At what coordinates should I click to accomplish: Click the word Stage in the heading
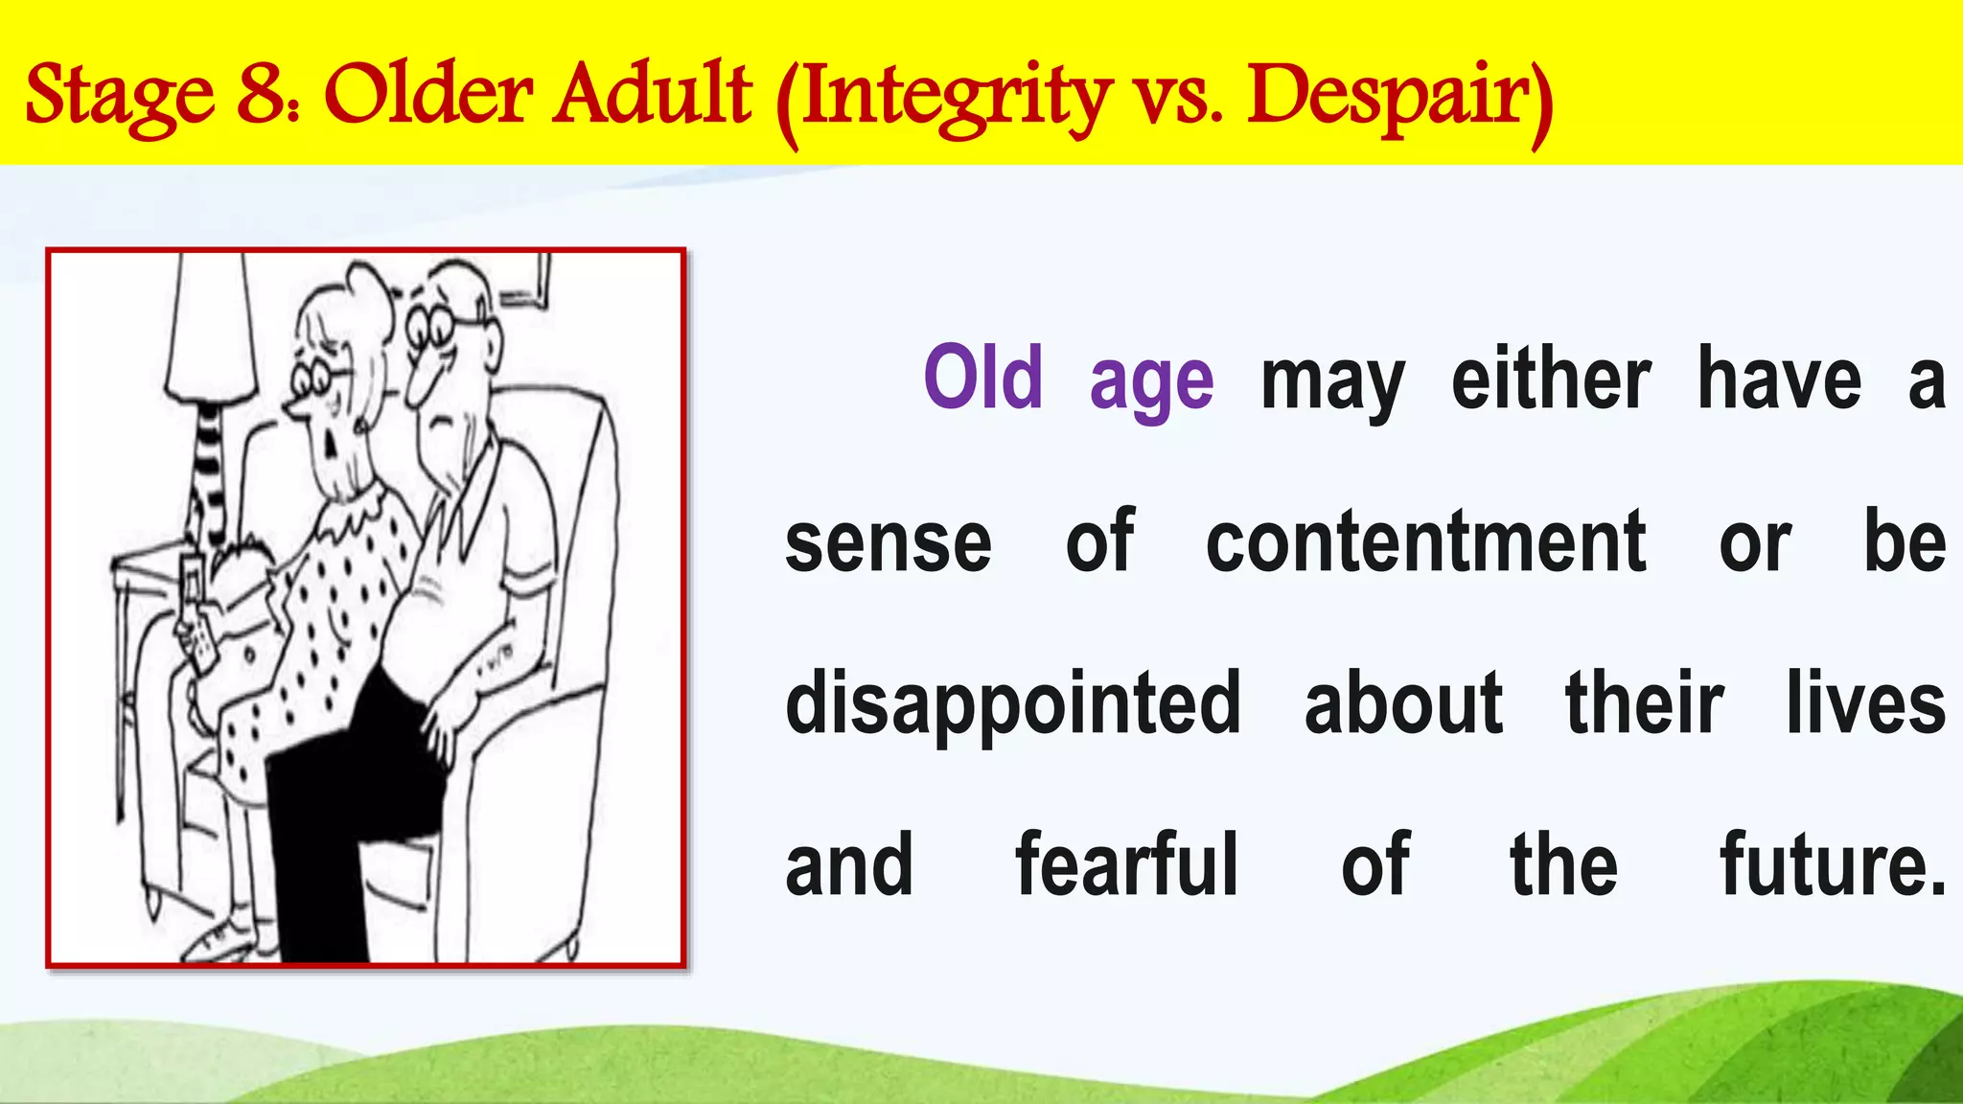pos(121,96)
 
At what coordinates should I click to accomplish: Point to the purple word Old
pos(982,379)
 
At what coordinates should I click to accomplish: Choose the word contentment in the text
pos(1425,542)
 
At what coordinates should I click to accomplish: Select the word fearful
pos(1127,864)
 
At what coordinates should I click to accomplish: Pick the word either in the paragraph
pos(1551,379)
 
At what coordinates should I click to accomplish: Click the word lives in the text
pos(1865,703)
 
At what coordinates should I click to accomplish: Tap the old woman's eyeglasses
pos(320,379)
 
